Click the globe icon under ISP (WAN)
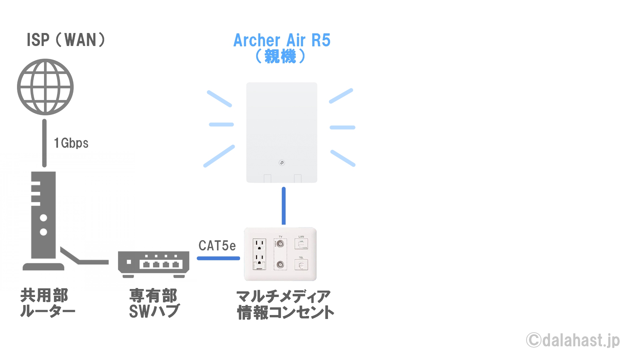pyautogui.click(x=45, y=87)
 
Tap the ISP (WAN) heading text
pyautogui.click(x=66, y=40)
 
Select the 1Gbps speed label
pyautogui.click(x=71, y=143)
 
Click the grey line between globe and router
pyautogui.click(x=44, y=143)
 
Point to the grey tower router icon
pyautogui.click(x=43, y=221)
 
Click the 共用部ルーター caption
pyautogui.click(x=48, y=303)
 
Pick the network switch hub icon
pyautogui.click(x=154, y=264)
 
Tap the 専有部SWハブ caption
pyautogui.click(x=154, y=303)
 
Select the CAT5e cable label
pyautogui.click(x=217, y=246)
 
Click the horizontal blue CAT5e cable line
pyautogui.click(x=218, y=258)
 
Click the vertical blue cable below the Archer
pyautogui.click(x=284, y=206)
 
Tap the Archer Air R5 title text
pyautogui.click(x=282, y=40)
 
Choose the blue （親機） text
pyautogui.click(x=280, y=56)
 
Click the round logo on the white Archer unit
pyautogui.click(x=282, y=163)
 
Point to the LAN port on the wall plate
pyautogui.click(x=301, y=244)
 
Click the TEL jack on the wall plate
pyautogui.click(x=301, y=265)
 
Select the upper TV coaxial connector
pyautogui.click(x=280, y=244)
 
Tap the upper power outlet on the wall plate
pyautogui.click(x=259, y=245)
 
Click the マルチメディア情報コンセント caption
pyautogui.click(x=285, y=305)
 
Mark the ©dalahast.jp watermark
pyautogui.click(x=573, y=340)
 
